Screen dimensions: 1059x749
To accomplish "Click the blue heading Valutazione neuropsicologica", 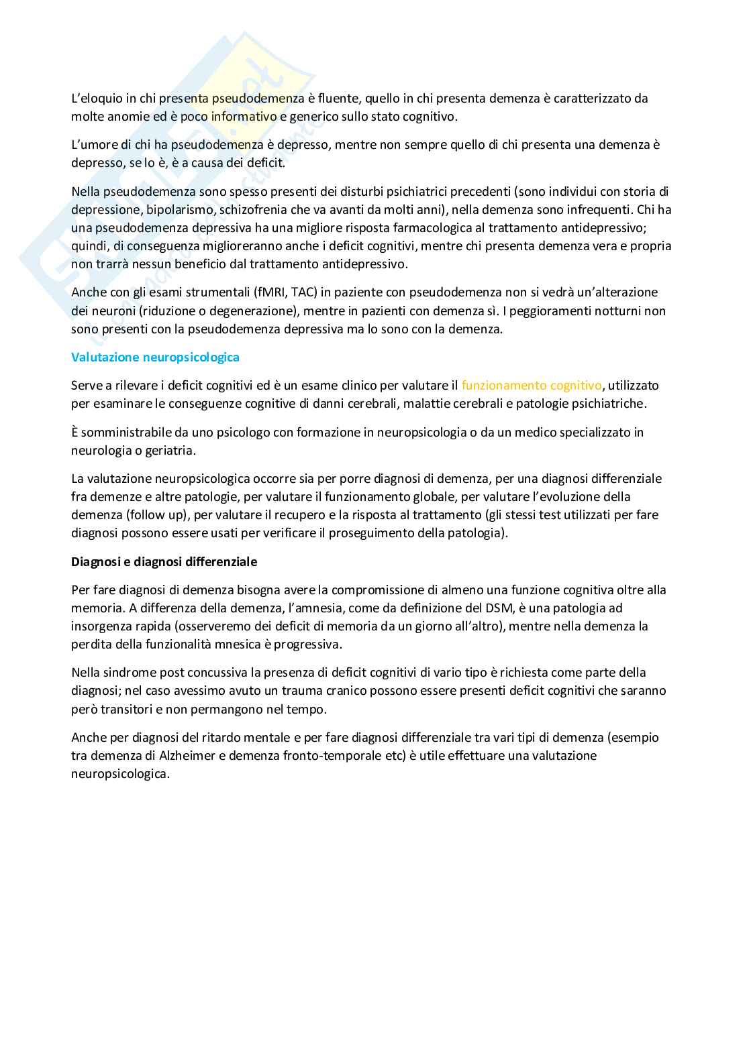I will [x=155, y=357].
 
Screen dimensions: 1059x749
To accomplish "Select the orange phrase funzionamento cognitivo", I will [x=532, y=386].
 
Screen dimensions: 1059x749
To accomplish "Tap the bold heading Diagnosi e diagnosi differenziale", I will [x=164, y=562].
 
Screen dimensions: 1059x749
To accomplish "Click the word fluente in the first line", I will [x=338, y=99].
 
